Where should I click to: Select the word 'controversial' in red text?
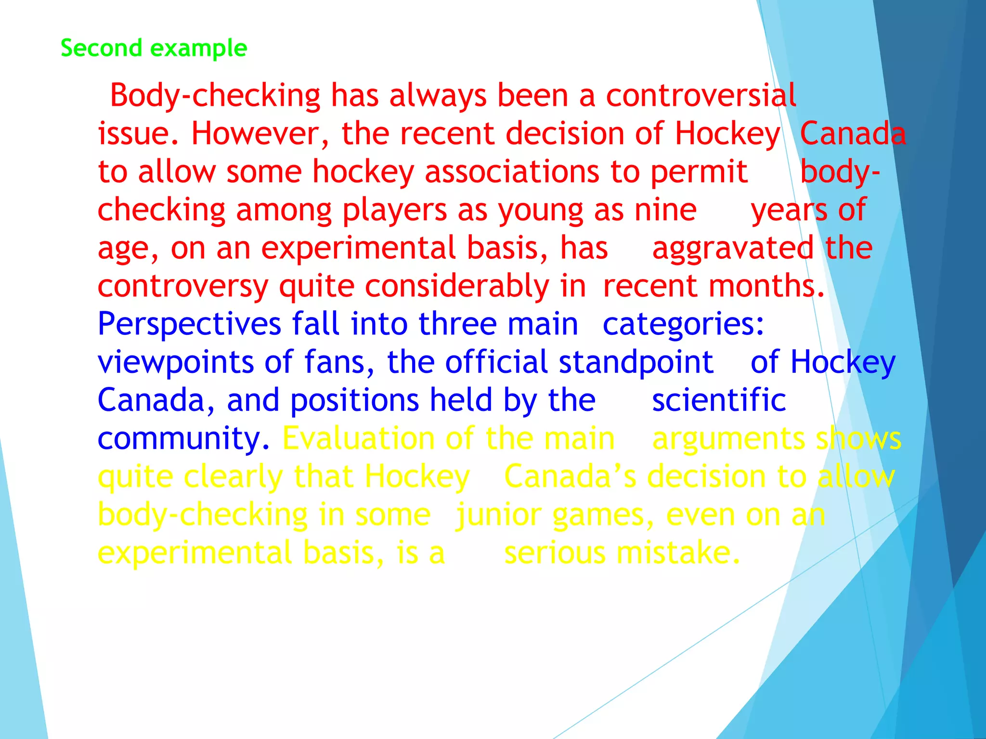pyautogui.click(x=701, y=95)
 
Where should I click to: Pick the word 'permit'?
pyautogui.click(x=699, y=172)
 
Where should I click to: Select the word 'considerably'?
pyautogui.click(x=457, y=286)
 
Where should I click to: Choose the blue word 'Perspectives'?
pyautogui.click(x=189, y=324)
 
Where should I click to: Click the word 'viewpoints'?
pyautogui.click(x=176, y=362)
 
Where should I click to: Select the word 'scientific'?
pyautogui.click(x=719, y=400)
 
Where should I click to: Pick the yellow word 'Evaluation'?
pyautogui.click(x=358, y=438)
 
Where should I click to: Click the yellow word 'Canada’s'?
pyautogui.click(x=570, y=476)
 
